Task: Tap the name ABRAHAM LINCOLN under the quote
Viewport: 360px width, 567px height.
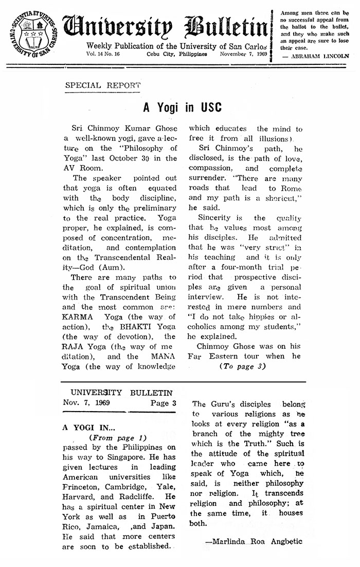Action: coord(322,56)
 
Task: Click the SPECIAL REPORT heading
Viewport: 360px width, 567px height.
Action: coord(102,85)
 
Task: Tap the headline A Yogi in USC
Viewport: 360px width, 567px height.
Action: coord(182,108)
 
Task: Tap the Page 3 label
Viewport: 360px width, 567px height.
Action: coord(163,403)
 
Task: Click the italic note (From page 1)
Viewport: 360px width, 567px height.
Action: coord(114,437)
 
